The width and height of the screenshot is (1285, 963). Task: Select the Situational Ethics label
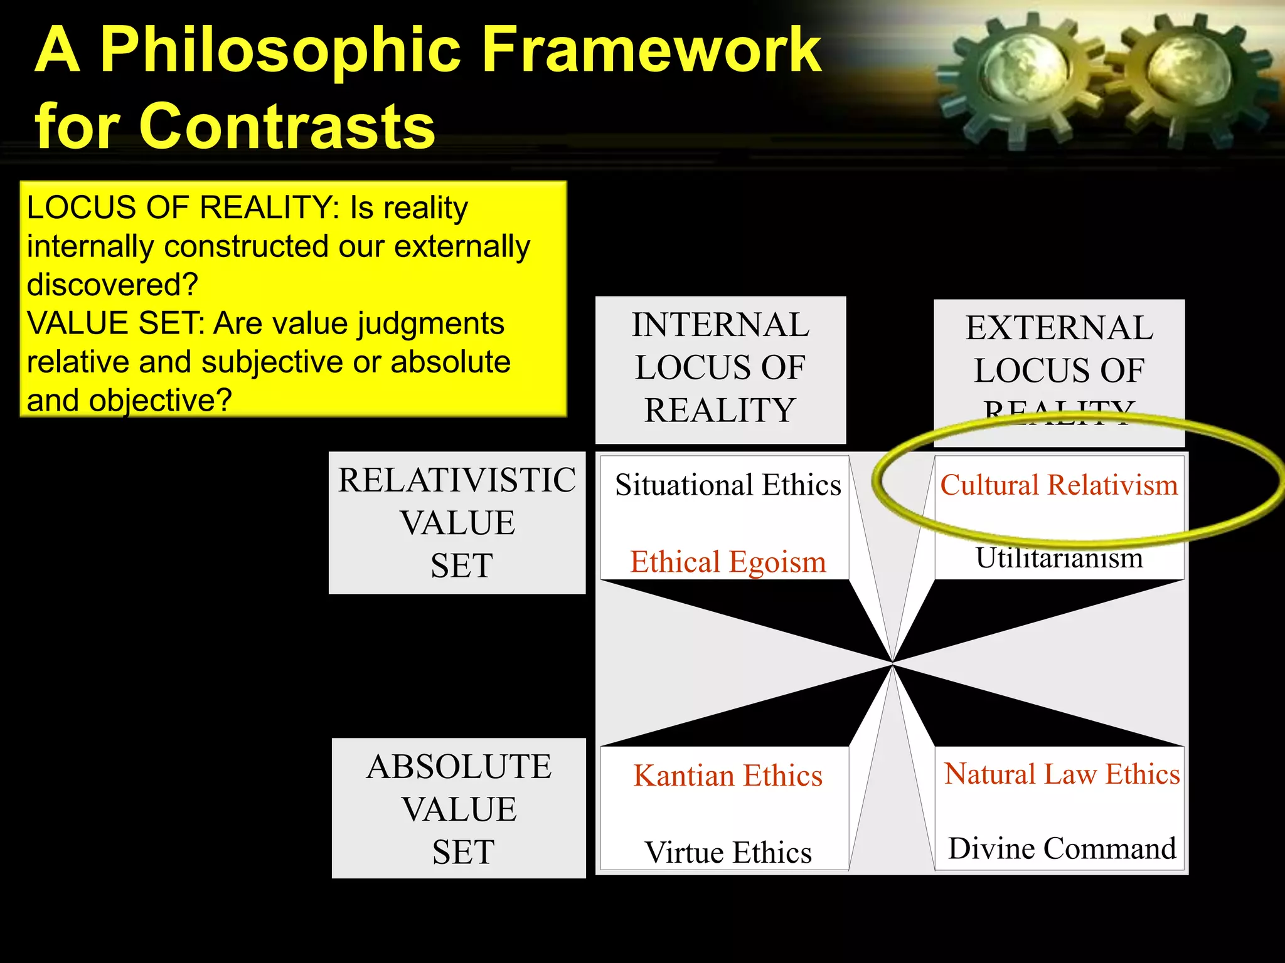728,485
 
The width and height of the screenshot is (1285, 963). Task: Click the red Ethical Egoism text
728,562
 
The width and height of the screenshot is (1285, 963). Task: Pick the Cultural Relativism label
1059,485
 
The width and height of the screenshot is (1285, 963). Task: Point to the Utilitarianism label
1059,557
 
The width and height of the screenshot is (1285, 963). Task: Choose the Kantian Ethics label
728,776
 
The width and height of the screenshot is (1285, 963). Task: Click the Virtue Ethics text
728,853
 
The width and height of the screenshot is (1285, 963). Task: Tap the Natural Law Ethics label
1062,774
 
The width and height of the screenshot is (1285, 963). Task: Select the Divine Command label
1062,849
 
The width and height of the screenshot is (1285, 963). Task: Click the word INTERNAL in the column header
720,325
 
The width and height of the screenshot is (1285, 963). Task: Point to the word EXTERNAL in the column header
1059,328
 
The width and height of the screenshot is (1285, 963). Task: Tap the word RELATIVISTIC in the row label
457,481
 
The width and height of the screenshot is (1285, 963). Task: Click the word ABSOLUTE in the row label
459,767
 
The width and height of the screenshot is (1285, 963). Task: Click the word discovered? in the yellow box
112,285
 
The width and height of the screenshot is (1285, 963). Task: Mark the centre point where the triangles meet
892,663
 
